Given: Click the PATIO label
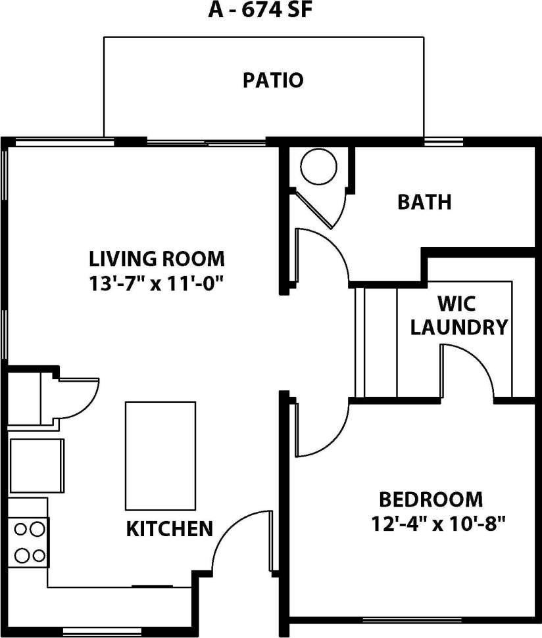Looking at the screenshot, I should [x=273, y=81].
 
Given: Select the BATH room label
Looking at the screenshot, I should [x=424, y=202].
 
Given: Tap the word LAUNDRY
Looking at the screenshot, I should [x=459, y=327].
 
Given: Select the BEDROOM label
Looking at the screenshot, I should [x=430, y=500].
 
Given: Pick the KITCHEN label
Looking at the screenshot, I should [x=169, y=528].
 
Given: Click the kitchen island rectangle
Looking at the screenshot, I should [x=160, y=455].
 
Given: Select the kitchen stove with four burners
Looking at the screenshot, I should [x=29, y=541].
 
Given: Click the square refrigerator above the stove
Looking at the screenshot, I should [x=37, y=465].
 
